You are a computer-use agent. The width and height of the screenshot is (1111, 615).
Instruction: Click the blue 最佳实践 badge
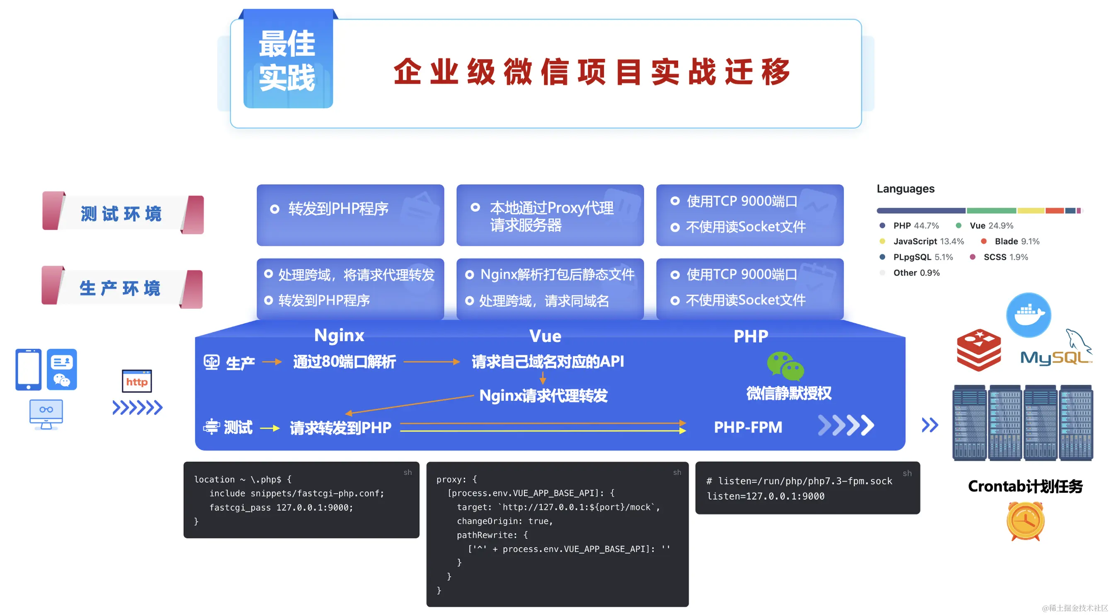pyautogui.click(x=288, y=60)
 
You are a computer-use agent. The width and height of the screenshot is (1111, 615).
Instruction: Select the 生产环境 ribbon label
pyautogui.click(x=122, y=288)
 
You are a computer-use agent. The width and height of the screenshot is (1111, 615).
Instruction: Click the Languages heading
pyautogui.click(x=905, y=189)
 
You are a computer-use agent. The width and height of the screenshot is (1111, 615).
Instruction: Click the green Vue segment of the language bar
pyautogui.click(x=991, y=211)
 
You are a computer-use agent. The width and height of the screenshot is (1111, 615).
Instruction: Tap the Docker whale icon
pyautogui.click(x=1029, y=315)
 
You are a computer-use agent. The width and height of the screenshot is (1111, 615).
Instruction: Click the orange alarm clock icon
pyautogui.click(x=1026, y=521)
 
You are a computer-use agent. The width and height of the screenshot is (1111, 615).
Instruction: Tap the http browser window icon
pyautogui.click(x=137, y=381)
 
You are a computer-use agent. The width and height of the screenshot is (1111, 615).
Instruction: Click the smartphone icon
pyautogui.click(x=29, y=370)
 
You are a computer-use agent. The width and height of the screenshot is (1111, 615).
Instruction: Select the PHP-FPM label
pyautogui.click(x=748, y=427)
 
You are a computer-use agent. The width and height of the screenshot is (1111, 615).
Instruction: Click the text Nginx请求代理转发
pyautogui.click(x=543, y=395)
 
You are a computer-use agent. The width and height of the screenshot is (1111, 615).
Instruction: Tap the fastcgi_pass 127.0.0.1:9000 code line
pyautogui.click(x=281, y=508)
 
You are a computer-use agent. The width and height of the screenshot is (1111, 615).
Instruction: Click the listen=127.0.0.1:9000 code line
pyautogui.click(x=766, y=496)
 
